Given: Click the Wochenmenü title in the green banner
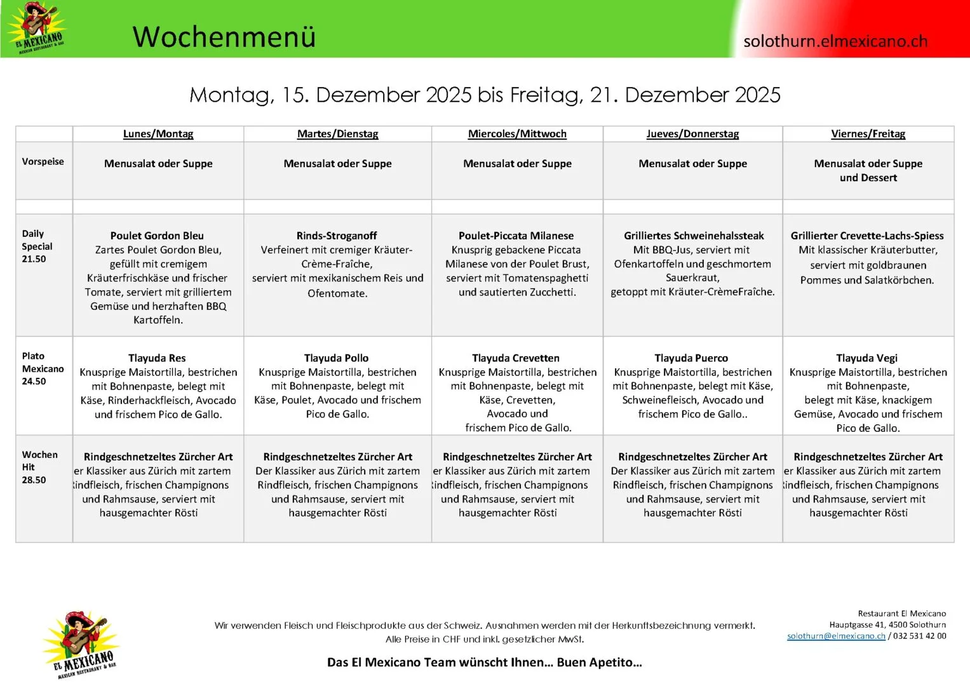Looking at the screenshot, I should (224, 36).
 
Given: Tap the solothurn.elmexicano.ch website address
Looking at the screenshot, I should (835, 41).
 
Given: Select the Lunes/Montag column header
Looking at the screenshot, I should (158, 134).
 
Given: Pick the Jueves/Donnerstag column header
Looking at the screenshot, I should (692, 134).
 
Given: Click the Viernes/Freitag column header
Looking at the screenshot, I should (868, 134).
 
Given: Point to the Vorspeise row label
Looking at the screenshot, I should (43, 161).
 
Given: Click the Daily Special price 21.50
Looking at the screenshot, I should (34, 259).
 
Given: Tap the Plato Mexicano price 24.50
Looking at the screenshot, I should (34, 382).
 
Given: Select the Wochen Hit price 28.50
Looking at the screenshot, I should (34, 480).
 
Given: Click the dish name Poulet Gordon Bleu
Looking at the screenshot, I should (157, 236).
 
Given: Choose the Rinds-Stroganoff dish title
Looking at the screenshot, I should (337, 236).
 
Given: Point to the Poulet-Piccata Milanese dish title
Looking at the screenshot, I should (516, 236).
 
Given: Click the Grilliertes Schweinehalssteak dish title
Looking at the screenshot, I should (694, 236).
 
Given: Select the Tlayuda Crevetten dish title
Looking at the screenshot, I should (516, 358).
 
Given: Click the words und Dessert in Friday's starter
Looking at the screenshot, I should (868, 178).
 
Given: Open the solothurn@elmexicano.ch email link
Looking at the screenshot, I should (836, 636).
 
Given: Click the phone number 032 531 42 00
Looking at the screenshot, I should (919, 636).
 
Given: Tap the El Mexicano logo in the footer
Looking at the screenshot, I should (81, 645).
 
